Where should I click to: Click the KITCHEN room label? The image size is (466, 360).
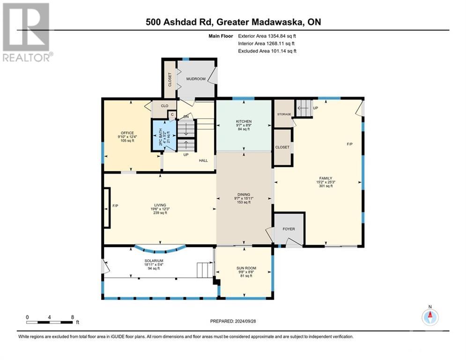click(x=244, y=121)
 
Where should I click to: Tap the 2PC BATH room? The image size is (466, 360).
click(x=164, y=135)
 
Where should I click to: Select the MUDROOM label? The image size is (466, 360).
click(x=196, y=79)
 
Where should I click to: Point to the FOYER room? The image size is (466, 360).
click(x=289, y=229)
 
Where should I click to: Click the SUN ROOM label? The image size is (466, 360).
click(x=246, y=268)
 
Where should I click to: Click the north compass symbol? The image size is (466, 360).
click(x=430, y=316)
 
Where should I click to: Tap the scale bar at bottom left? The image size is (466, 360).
click(x=49, y=322)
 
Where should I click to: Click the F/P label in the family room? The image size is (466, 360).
click(x=349, y=144)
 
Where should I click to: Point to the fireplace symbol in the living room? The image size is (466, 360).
click(x=107, y=208)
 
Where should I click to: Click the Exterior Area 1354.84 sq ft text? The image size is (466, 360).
click(x=267, y=36)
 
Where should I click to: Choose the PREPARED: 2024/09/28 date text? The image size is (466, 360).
click(x=233, y=321)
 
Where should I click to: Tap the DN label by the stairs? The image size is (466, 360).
click(x=186, y=117)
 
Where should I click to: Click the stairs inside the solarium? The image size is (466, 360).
click(x=205, y=270)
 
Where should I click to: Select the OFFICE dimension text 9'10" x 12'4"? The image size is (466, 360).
click(x=127, y=137)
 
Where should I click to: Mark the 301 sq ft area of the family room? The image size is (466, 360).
click(x=326, y=186)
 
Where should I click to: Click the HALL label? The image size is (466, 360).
click(x=203, y=161)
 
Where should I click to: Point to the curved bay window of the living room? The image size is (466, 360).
click(x=160, y=249)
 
